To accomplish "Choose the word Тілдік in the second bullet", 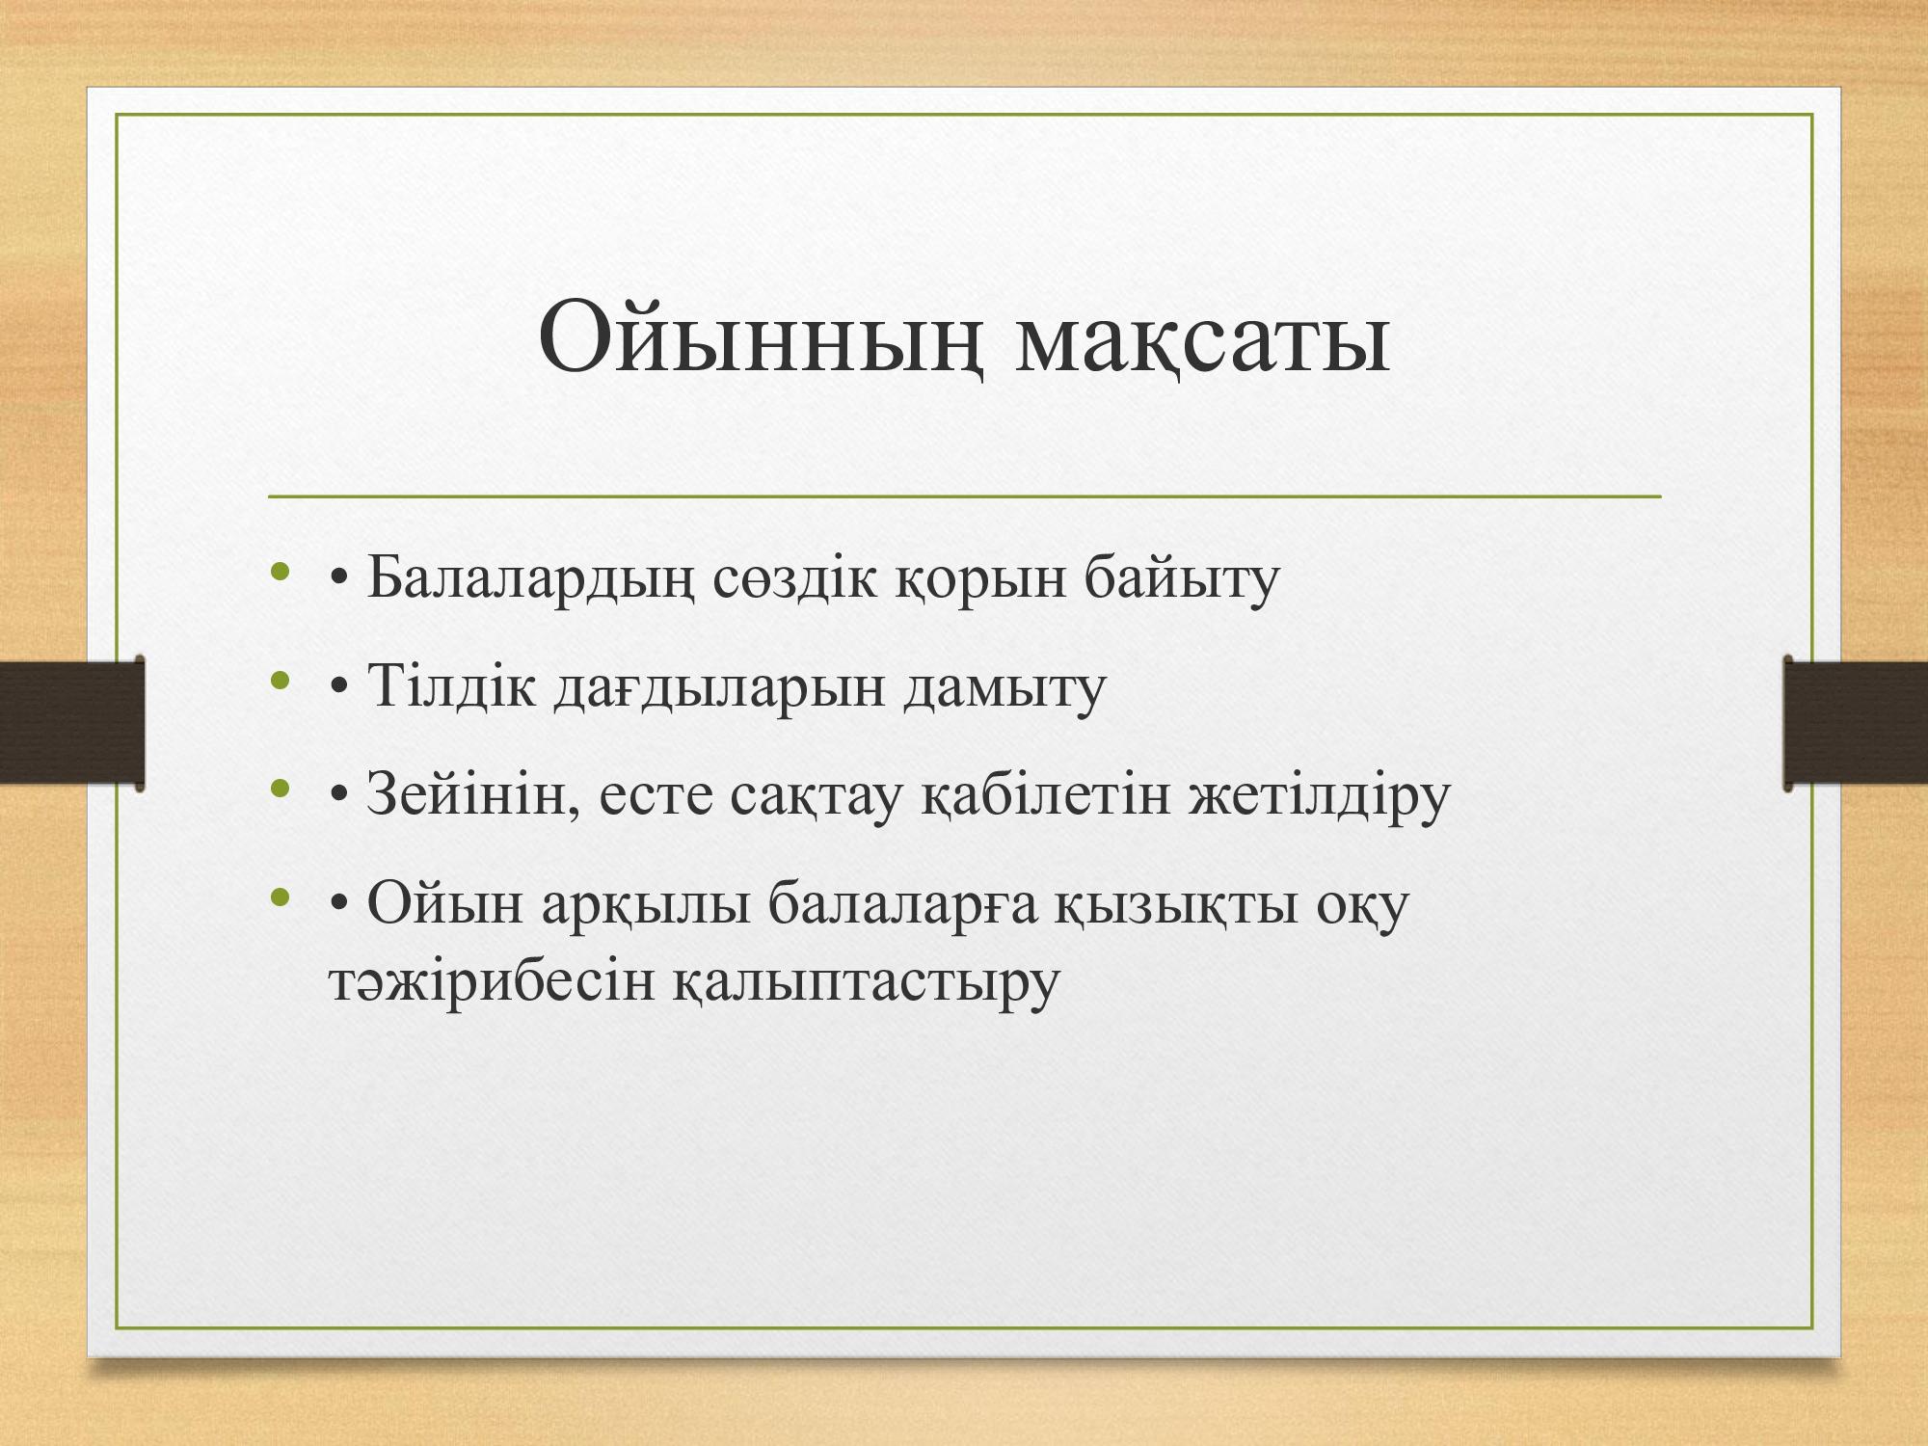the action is (450, 687).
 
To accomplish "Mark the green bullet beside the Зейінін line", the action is (281, 790).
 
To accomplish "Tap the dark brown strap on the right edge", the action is (1856, 723).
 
